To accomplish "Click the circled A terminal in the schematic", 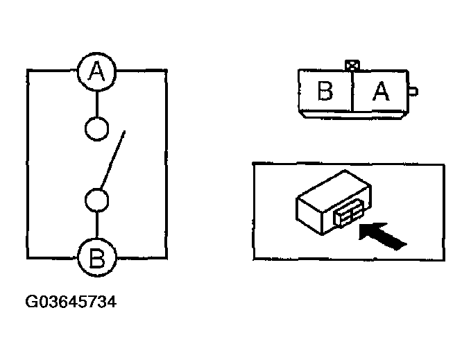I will tap(96, 71).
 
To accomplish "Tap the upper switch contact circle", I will tap(96, 129).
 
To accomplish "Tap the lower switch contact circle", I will tap(96, 200).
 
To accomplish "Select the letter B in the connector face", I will tap(325, 92).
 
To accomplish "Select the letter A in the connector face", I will tap(381, 92).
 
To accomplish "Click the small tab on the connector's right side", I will tap(413, 90).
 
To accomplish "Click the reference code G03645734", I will tap(70, 302).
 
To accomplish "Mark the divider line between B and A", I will tap(353, 92).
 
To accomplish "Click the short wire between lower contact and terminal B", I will tap(96, 226).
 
